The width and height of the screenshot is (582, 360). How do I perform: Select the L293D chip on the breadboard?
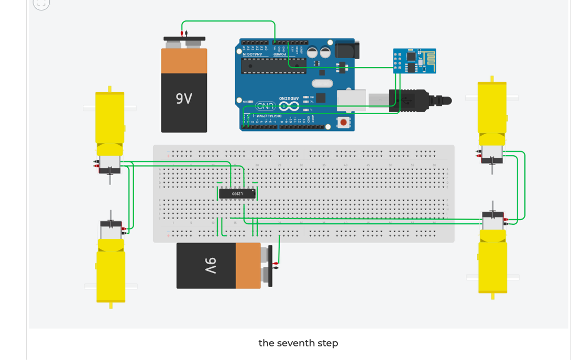tap(238, 193)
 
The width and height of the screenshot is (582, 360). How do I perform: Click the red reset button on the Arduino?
tap(343, 123)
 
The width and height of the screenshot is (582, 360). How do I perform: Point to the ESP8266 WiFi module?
tap(414, 60)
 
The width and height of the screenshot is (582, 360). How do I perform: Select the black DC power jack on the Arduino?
tap(347, 50)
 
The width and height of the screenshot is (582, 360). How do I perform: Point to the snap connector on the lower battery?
tap(270, 266)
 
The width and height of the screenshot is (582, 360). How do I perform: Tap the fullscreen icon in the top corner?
tap(41, 3)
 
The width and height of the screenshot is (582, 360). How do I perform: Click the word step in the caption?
tap(328, 343)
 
